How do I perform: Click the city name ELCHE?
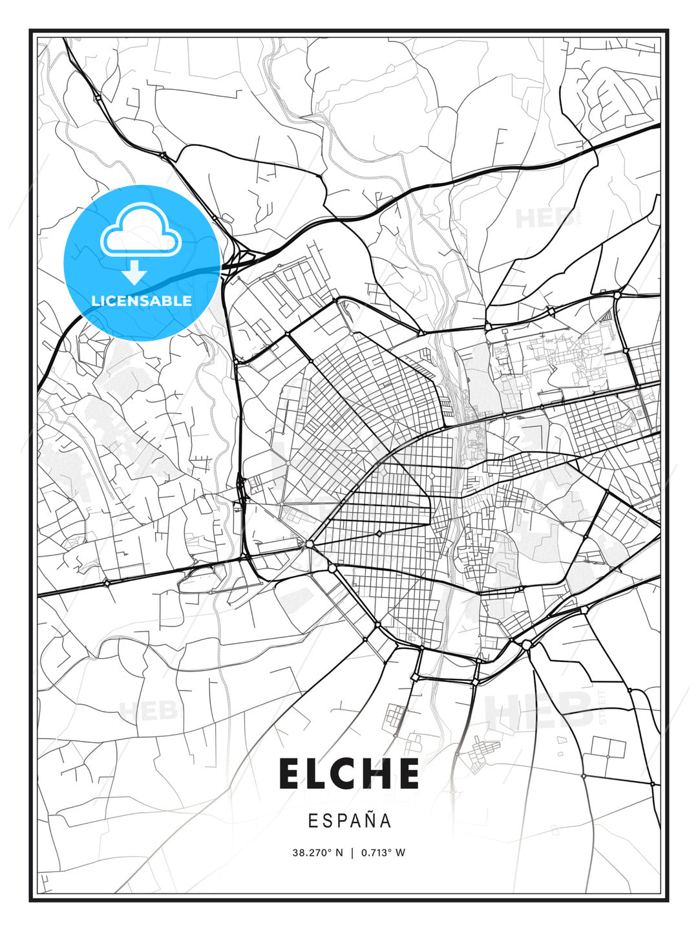pos(349,773)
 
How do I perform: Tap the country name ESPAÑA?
pos(350,820)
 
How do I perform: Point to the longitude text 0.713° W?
pos(383,852)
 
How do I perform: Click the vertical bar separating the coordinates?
pos(352,852)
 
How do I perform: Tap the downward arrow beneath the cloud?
pos(135,273)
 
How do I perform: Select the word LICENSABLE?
pos(142,301)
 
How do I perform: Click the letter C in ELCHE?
pos(347,773)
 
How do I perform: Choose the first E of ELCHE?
pos(291,773)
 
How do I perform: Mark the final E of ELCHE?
pos(408,773)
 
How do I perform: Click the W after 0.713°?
pos(401,852)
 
